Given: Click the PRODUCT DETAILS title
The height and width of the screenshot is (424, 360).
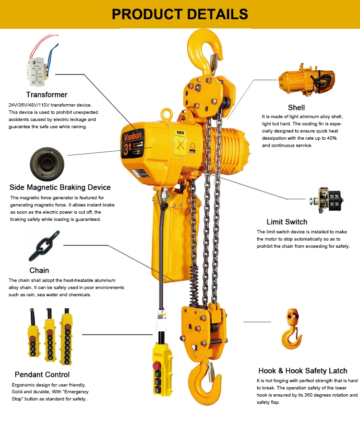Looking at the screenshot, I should coord(180,14).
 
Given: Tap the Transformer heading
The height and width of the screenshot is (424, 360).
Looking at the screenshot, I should coord(47,95).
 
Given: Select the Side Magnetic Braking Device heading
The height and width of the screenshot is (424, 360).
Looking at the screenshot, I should coord(60,187).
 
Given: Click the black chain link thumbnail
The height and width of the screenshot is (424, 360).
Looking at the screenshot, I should coord(45,245).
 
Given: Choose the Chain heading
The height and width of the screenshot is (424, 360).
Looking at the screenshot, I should coord(39,270).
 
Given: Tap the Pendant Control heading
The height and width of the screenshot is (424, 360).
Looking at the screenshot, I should coord(42,375).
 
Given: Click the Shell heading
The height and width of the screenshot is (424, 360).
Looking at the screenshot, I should coord(296,107).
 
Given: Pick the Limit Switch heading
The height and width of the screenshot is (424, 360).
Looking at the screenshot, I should coord(287,222).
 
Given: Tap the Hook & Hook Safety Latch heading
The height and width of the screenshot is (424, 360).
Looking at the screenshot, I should coord(302,371).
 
